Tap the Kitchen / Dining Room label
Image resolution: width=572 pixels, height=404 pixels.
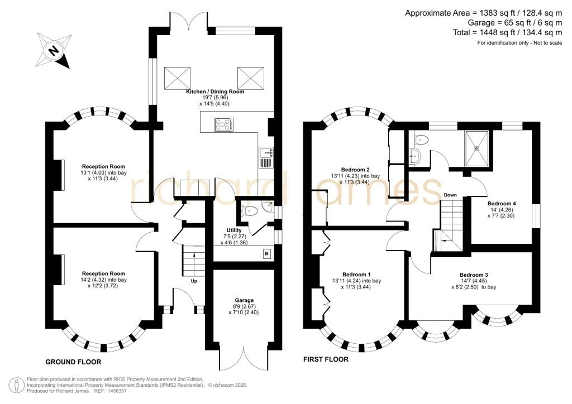point(215,92)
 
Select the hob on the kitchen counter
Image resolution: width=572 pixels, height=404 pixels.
point(223,124)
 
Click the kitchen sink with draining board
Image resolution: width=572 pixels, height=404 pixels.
point(266,157)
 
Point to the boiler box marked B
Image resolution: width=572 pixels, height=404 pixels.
point(266,253)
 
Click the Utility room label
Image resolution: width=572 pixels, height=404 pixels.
point(234,230)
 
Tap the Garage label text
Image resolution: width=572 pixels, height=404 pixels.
point(244,300)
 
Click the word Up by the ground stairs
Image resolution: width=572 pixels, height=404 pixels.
point(194,281)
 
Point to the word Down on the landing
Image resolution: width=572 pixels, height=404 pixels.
point(450,195)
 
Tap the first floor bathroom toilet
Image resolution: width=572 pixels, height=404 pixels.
point(421,139)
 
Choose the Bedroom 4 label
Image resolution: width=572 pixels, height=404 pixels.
point(502,203)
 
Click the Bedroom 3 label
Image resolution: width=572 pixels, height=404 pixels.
point(474,275)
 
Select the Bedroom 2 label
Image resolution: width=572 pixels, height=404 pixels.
point(355,170)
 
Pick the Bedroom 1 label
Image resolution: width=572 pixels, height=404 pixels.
point(356,275)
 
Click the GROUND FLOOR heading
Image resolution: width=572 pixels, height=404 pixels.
point(73,362)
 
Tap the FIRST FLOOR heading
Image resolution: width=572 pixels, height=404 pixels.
point(326,359)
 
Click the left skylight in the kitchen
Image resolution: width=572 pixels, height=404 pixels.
point(178,78)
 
